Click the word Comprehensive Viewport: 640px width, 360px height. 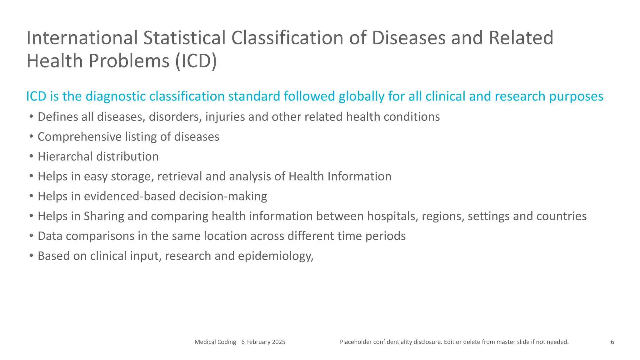pyautogui.click(x=79, y=137)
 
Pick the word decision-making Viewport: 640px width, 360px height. pyautogui.click(x=223, y=196)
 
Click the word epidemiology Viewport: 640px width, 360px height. pyautogui.click(x=275, y=256)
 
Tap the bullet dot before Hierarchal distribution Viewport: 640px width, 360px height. pyautogui.click(x=31, y=156)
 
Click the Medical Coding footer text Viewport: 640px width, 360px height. pyautogui.click(x=215, y=342)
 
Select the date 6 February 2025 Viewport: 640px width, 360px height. pyautogui.click(x=263, y=342)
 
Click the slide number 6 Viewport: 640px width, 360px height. pyautogui.click(x=612, y=342)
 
